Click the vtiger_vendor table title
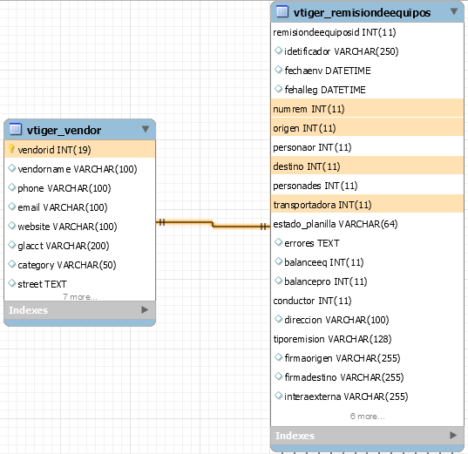pos(64,130)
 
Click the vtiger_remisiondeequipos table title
pos(362,13)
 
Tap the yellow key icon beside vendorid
pos(11,149)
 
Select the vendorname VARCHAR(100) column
pos(78,169)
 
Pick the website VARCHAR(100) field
pos(67,227)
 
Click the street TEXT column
pos(42,284)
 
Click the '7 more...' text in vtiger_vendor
pos(80,297)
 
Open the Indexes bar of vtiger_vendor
pos(79,310)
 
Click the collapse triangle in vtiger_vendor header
pos(146,129)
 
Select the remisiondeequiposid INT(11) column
pos(335,32)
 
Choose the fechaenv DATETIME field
pos(328,71)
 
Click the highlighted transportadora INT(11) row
pos(367,205)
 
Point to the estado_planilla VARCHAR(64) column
pos(336,224)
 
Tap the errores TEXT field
pos(312,243)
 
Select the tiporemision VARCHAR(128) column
pos(332,339)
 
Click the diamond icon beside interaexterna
pos(279,396)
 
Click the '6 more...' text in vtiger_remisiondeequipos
pos(368,416)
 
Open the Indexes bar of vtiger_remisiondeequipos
pos(367,436)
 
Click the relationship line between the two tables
pos(213,224)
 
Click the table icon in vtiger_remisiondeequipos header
pos(282,11)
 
